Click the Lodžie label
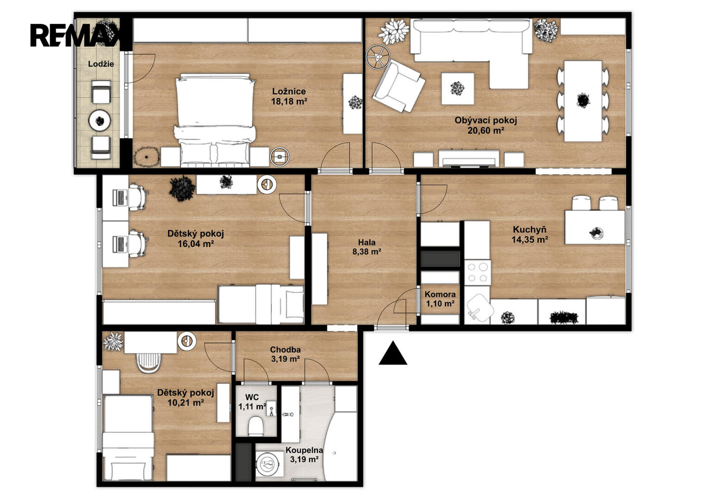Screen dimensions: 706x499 point(101,64)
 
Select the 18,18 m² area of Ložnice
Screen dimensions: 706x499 point(289,102)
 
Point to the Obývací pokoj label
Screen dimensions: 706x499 point(485,120)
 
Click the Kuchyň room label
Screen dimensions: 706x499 point(529,230)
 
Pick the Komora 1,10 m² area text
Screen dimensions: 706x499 point(440,304)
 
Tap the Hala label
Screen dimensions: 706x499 point(367,242)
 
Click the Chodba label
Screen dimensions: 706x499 point(285,350)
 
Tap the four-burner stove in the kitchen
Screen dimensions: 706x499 point(478,273)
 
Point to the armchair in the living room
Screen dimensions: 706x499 point(399,87)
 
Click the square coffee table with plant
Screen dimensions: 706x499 point(457,89)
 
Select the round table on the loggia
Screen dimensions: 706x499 point(100,120)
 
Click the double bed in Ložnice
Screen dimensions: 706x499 point(215,120)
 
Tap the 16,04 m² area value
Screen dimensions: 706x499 point(196,243)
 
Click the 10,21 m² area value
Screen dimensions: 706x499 point(186,402)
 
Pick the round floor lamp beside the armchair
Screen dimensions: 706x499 point(378,57)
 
